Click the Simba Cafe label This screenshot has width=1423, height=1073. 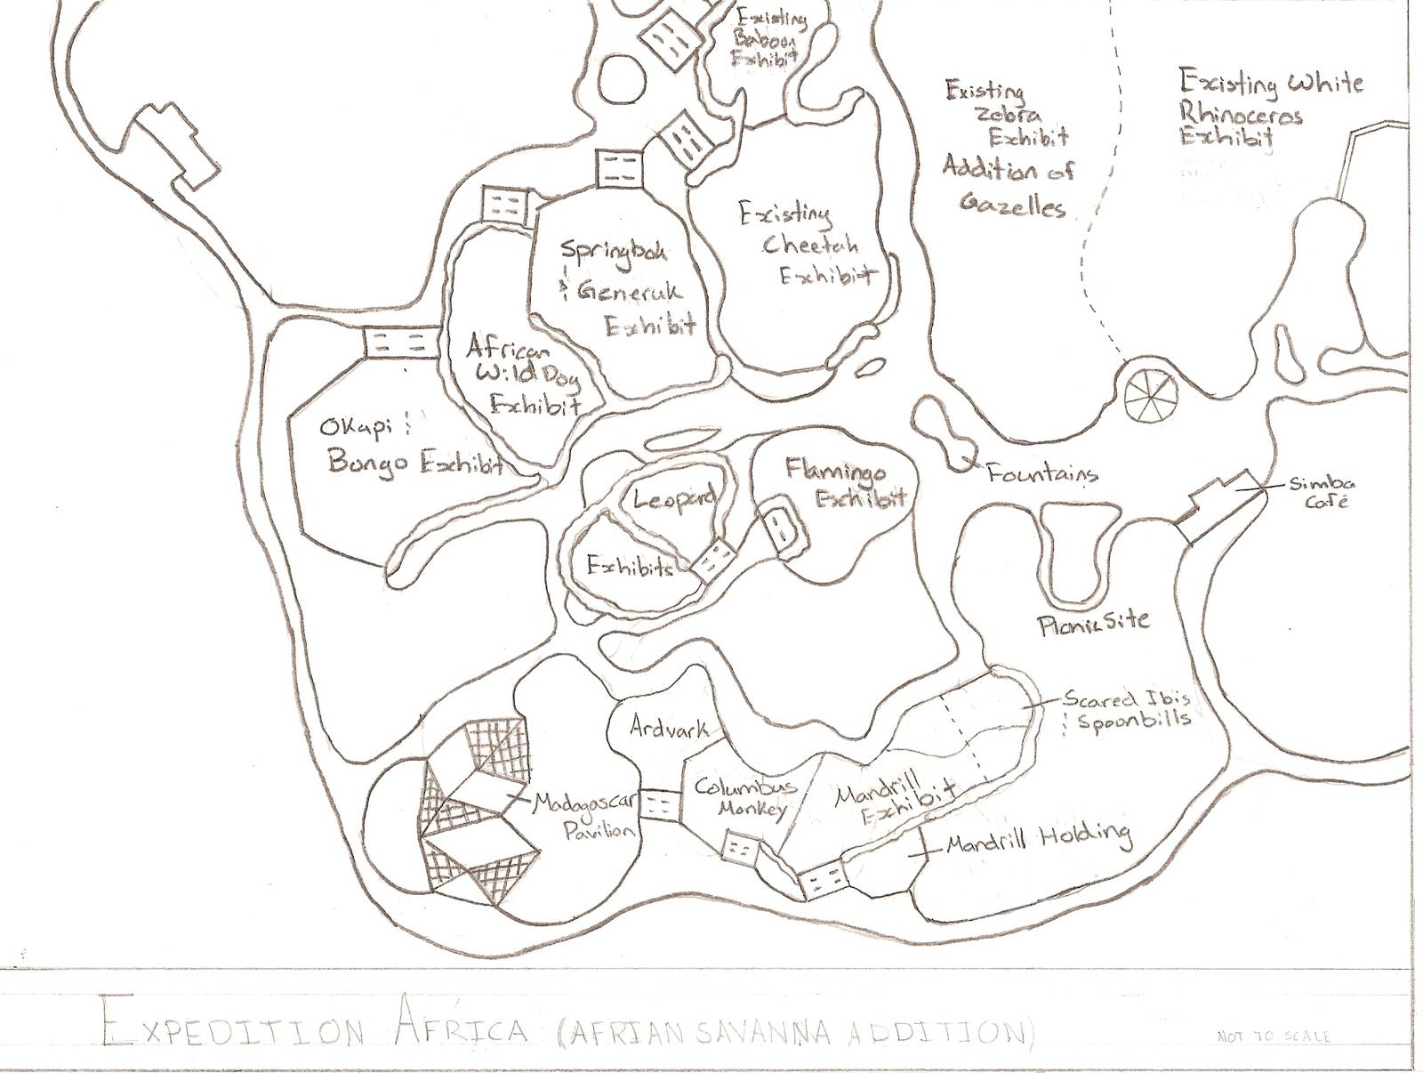pyautogui.click(x=1321, y=492)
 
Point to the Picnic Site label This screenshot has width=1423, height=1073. pyautogui.click(x=1094, y=622)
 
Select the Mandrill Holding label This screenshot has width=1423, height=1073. pyautogui.click(x=1038, y=838)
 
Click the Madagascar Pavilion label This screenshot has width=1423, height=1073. pyautogui.click(x=585, y=817)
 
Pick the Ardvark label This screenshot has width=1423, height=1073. pyautogui.click(x=669, y=728)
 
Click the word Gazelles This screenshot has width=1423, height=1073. pyautogui.click(x=1012, y=206)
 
